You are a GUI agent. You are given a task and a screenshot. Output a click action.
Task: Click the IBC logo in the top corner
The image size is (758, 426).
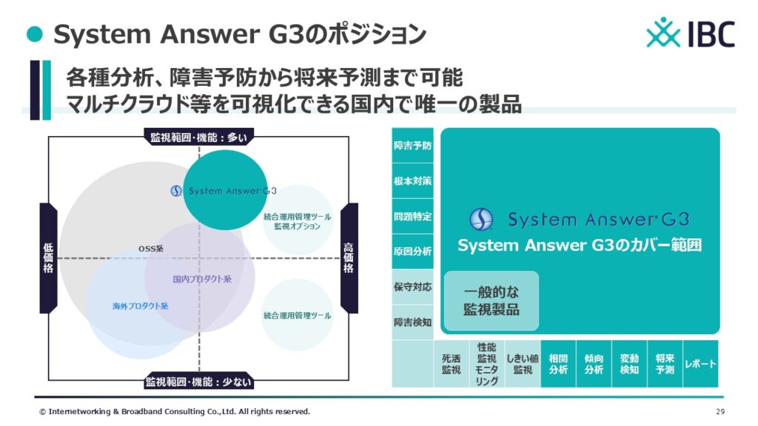(691, 33)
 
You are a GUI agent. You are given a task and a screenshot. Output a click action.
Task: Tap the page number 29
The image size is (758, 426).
(720, 411)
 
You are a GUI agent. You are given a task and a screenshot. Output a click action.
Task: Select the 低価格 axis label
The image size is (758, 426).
(48, 258)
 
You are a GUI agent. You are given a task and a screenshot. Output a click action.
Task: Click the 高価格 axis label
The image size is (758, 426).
(349, 258)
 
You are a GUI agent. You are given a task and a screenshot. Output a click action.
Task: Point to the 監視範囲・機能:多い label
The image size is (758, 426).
(198, 137)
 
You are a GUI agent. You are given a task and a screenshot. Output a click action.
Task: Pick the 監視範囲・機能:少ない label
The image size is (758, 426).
(198, 382)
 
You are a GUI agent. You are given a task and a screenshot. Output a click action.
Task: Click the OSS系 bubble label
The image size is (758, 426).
(151, 248)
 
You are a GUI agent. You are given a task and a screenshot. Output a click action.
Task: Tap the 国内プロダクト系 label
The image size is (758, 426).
(202, 279)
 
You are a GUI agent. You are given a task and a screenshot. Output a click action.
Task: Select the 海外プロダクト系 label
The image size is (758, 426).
(140, 306)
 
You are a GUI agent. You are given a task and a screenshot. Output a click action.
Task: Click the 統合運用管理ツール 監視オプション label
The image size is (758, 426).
(298, 221)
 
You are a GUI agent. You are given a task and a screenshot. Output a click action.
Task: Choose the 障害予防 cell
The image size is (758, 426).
(412, 146)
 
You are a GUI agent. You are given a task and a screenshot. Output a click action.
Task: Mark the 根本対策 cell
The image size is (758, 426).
(412, 180)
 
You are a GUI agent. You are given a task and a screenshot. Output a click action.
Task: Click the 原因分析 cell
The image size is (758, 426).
(412, 251)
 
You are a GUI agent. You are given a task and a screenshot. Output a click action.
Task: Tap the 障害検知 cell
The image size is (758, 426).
(412, 322)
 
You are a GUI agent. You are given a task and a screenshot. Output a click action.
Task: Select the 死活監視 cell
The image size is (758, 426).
(451, 364)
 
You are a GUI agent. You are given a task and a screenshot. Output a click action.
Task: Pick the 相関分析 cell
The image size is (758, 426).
(558, 364)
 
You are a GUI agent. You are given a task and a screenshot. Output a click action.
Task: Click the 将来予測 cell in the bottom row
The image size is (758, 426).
(665, 364)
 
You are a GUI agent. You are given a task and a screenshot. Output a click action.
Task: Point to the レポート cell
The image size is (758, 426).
(700, 364)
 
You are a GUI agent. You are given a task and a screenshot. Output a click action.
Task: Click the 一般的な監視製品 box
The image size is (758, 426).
(492, 300)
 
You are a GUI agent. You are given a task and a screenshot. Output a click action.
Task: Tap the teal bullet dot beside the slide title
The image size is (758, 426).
(35, 34)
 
